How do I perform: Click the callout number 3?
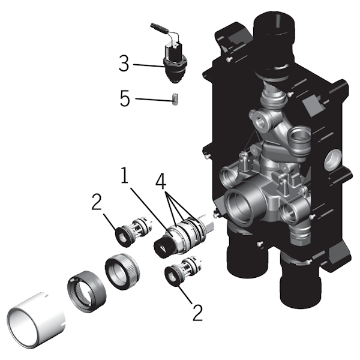(x=124, y=64)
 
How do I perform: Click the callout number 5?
(x=125, y=98)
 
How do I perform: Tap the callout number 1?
(x=124, y=175)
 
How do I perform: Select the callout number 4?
(x=161, y=181)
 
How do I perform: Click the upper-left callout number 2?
(x=97, y=202)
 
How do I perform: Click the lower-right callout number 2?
(x=197, y=313)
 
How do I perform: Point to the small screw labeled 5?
(x=176, y=99)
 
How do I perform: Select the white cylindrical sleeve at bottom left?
(x=36, y=319)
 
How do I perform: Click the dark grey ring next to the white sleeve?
(x=87, y=291)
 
